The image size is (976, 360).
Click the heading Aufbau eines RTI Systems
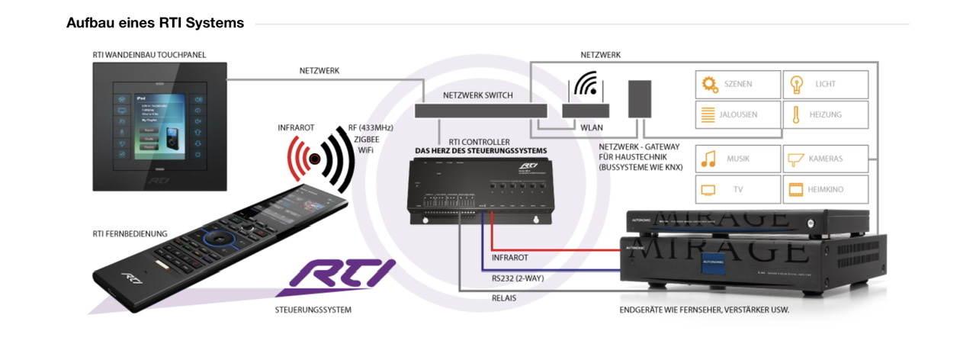click(x=155, y=23)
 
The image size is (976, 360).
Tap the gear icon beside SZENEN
click(x=710, y=84)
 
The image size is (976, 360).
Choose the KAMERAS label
click(x=826, y=159)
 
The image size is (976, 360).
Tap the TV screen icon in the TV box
click(x=709, y=188)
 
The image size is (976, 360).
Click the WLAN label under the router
click(x=591, y=128)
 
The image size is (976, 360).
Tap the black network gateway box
click(x=640, y=98)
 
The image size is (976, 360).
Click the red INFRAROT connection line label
click(x=509, y=258)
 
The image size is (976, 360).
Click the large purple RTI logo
click(x=336, y=277)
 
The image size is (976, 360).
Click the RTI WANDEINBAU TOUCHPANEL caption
click(x=149, y=55)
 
